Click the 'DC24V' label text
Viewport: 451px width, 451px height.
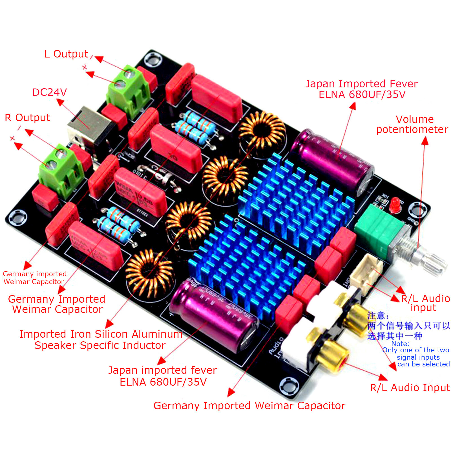click(50, 92)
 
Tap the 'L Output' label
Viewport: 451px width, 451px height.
click(66, 54)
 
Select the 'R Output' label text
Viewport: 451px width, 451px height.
click(27, 118)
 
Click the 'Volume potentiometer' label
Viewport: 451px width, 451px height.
click(412, 124)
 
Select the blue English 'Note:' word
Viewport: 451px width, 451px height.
click(401, 344)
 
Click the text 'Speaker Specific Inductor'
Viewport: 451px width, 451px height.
click(100, 346)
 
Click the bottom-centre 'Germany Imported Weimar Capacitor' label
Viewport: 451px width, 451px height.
click(249, 406)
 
